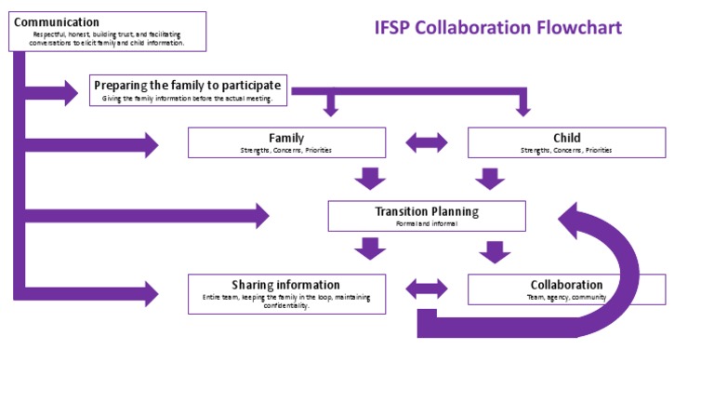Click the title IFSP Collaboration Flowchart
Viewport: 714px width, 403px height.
click(x=497, y=27)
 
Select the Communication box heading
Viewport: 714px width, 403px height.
click(x=57, y=21)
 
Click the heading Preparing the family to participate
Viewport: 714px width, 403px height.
click(x=187, y=85)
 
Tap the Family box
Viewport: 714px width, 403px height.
click(x=286, y=142)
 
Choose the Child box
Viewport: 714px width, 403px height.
click(x=566, y=142)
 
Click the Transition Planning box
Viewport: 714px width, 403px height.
click(x=427, y=216)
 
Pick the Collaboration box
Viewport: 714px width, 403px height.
click(x=566, y=289)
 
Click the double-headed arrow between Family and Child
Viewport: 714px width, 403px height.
click(x=427, y=142)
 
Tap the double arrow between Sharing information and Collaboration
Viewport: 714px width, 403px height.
click(x=427, y=289)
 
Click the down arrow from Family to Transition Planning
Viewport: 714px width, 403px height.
click(x=370, y=178)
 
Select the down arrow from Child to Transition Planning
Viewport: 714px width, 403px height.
click(x=490, y=178)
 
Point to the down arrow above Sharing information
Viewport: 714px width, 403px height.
click(x=370, y=249)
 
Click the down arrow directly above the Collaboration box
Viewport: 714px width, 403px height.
click(x=494, y=251)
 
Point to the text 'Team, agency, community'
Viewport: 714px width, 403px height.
click(x=566, y=297)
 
